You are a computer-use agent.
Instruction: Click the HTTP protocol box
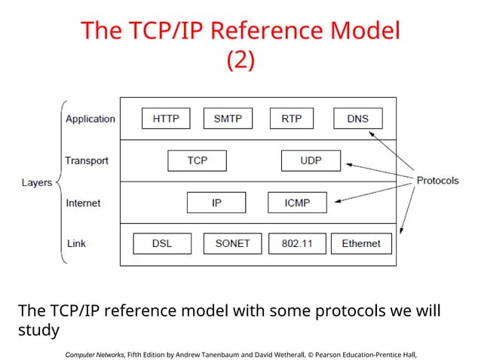166,119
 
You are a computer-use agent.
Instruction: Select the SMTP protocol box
228,119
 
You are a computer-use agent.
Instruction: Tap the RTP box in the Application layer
292,119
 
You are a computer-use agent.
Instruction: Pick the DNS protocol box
358,119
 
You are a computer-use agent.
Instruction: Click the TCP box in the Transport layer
197,161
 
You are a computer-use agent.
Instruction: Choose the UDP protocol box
311,161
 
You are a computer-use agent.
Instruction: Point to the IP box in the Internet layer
216,203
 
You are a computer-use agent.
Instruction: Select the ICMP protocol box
298,203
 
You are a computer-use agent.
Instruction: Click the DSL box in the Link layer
161,244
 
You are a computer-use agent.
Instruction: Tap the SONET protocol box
232,244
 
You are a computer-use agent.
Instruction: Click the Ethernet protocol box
361,244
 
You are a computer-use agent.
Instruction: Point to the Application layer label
90,119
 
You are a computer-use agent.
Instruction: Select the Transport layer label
87,161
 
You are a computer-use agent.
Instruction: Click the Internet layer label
83,203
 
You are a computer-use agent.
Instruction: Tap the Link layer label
76,244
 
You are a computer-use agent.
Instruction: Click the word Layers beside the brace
36,182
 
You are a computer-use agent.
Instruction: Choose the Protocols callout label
437,181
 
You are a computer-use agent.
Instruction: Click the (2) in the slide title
240,60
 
